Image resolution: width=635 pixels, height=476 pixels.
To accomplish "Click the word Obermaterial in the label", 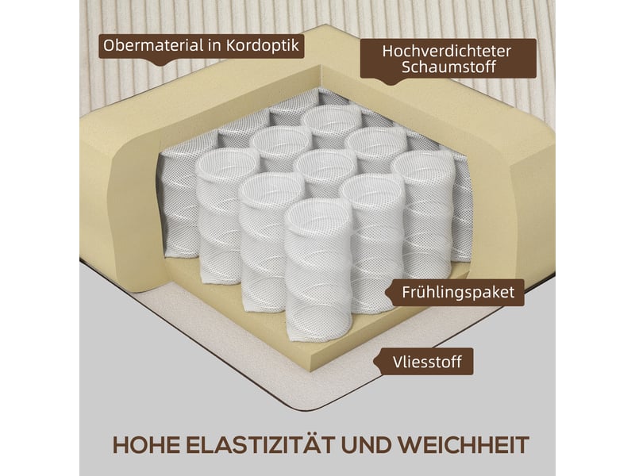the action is [x=154, y=45].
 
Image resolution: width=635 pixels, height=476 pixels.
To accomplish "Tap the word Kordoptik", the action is [x=263, y=45].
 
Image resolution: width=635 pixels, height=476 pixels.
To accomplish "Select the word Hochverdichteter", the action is [x=447, y=52].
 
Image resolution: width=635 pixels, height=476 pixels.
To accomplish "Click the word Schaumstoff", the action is [x=448, y=67].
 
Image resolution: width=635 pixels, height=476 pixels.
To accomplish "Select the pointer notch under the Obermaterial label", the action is [x=162, y=64].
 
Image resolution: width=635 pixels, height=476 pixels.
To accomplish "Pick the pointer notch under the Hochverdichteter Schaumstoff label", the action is [x=391, y=83].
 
